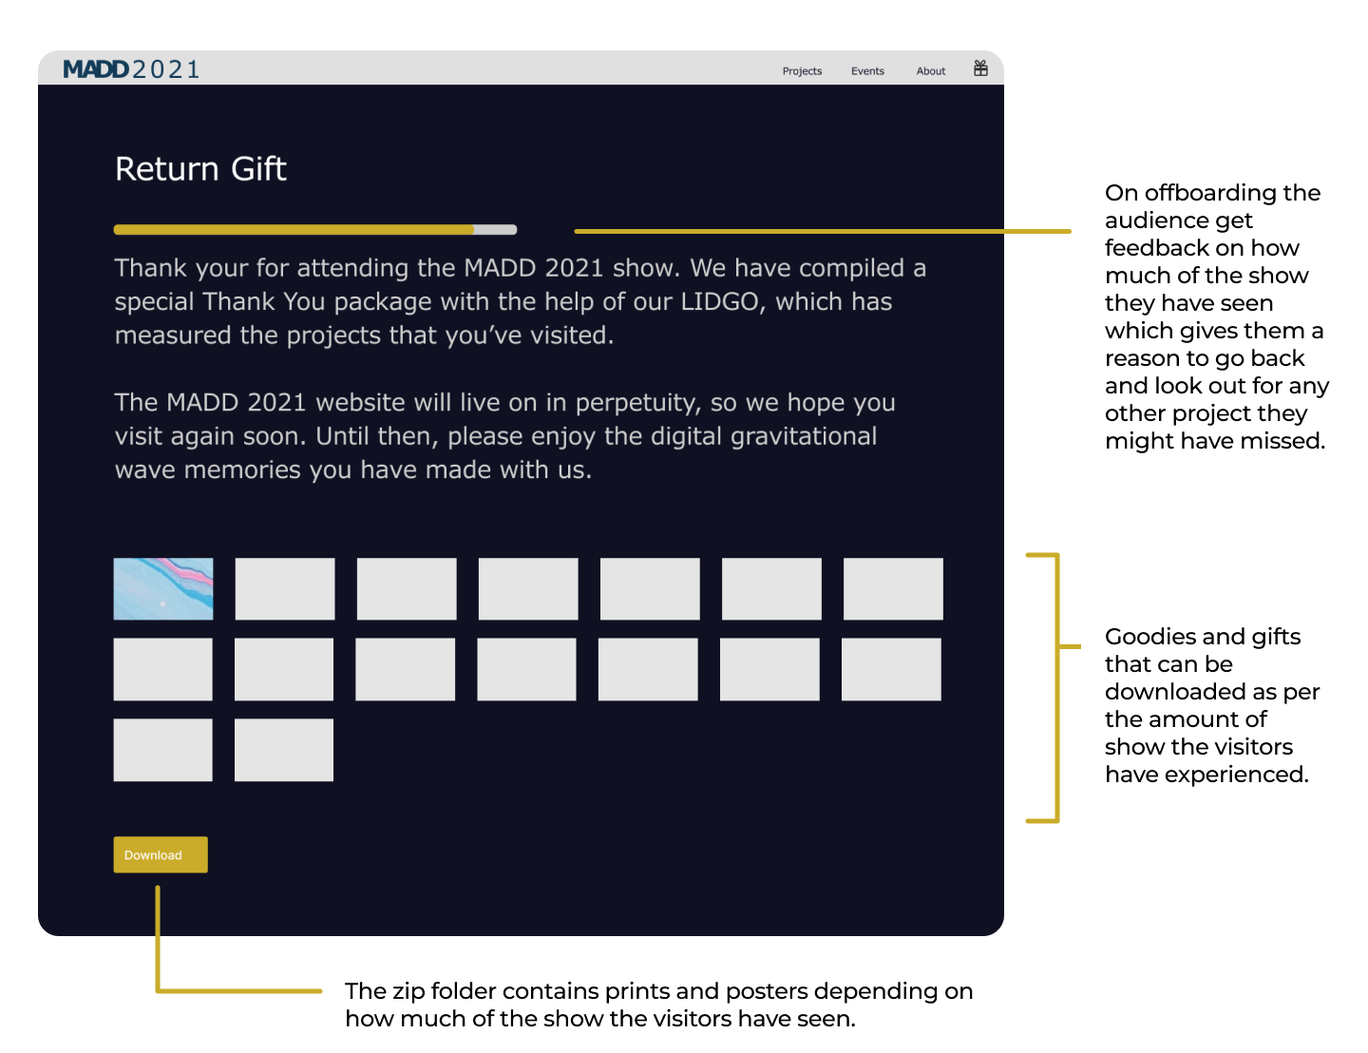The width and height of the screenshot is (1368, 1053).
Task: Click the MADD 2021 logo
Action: [131, 68]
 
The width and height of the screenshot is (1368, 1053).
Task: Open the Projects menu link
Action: [802, 71]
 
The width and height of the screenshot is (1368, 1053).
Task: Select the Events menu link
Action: [867, 71]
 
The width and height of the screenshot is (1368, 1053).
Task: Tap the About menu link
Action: [930, 71]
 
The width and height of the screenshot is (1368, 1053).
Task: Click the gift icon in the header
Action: [980, 68]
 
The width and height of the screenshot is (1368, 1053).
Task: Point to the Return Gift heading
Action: [200, 169]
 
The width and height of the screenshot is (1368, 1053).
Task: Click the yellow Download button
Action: [160, 854]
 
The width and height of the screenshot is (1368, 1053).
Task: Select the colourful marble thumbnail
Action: [163, 588]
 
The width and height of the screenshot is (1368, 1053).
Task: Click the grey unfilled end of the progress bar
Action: [496, 230]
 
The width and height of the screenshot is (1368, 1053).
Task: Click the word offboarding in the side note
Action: [1212, 193]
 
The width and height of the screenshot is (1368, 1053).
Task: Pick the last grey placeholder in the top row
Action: [893, 588]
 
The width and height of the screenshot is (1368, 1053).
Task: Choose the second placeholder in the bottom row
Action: [284, 750]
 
